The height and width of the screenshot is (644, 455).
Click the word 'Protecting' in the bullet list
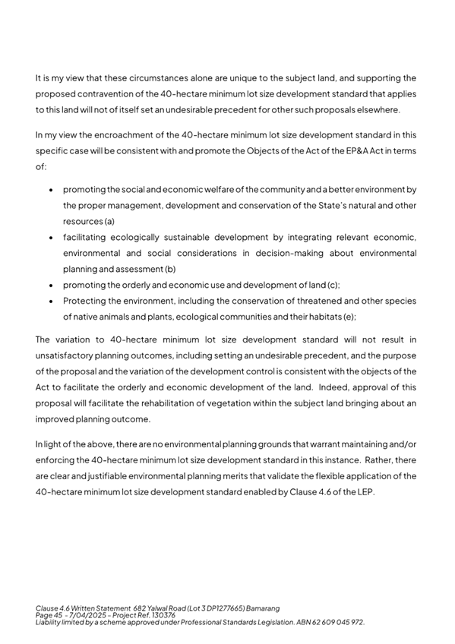pyautogui.click(x=85, y=301)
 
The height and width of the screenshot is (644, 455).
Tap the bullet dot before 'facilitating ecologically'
pyautogui.click(x=50, y=238)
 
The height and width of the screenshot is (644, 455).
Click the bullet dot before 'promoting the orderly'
pyautogui.click(x=50, y=286)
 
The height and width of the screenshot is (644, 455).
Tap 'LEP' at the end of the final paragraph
pyautogui.click(x=366, y=491)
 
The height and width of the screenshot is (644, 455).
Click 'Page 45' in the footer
pyautogui.click(x=49, y=615)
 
